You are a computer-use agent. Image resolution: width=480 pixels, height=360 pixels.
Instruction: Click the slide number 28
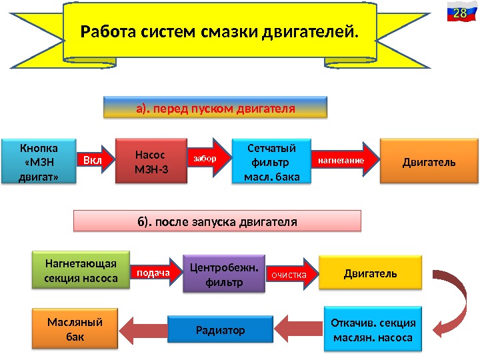click(459, 13)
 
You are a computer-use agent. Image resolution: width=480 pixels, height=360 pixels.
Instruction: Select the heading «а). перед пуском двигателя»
click(215, 107)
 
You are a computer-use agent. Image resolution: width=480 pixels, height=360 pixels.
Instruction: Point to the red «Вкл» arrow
click(92, 161)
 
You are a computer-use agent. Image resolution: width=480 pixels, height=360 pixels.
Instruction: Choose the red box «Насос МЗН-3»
click(151, 161)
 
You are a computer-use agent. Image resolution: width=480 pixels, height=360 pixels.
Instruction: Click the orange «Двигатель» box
click(429, 161)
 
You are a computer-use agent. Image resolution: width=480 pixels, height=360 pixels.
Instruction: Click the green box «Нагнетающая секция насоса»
click(80, 269)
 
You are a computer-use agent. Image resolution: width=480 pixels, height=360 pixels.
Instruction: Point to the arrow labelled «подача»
click(155, 273)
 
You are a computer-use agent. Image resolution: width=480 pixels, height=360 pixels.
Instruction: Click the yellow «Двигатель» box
click(370, 273)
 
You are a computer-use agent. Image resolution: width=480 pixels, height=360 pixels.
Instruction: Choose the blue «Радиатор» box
click(220, 329)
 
